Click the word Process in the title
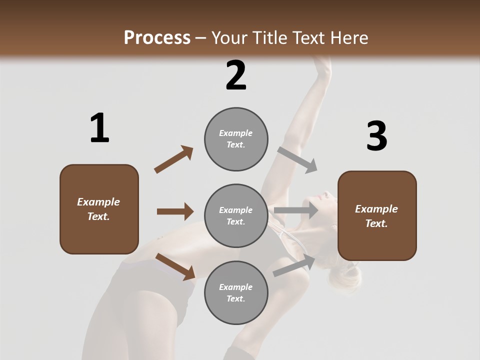157,37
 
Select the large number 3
376,136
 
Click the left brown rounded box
99,209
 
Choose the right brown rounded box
377,216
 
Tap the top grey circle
236,139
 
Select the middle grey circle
236,216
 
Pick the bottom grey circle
236,293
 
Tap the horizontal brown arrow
175,211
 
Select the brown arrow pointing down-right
175,266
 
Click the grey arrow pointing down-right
297,159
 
